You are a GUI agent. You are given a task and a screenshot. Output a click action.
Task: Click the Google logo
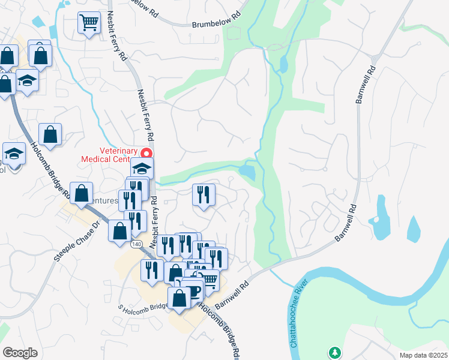(20, 353)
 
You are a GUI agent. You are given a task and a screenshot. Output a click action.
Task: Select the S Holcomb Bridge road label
(143, 308)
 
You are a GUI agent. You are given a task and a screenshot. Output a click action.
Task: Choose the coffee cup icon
(193, 290)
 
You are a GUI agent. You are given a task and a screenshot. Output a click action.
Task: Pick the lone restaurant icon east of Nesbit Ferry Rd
(203, 194)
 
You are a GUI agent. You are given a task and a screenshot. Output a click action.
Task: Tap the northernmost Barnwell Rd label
(366, 83)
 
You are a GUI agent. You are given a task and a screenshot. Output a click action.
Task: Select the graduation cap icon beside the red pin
(142, 169)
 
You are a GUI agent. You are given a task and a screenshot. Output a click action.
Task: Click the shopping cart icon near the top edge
(89, 22)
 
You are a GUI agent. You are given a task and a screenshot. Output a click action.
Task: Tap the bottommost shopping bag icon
(179, 298)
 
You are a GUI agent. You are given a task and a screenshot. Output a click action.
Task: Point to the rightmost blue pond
(414, 229)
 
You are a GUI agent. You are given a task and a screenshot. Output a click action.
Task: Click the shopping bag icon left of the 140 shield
(119, 230)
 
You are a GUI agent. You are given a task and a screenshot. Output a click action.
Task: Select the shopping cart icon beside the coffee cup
(208, 278)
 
